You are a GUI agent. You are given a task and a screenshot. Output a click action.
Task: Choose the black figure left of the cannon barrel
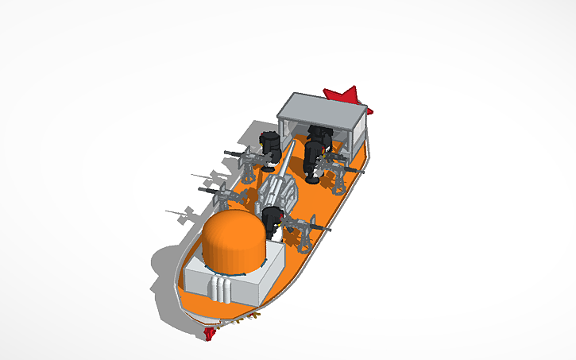(270, 145)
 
